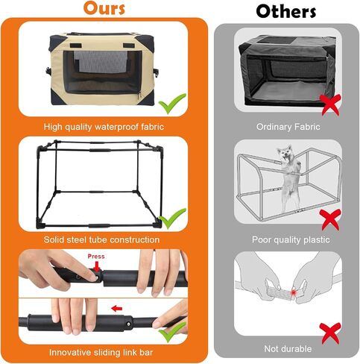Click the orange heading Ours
click(104, 8)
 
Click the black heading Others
click(286, 11)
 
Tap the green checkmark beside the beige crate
click(172, 104)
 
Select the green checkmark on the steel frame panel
click(172, 219)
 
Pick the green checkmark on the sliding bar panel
click(172, 332)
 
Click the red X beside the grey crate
click(330, 105)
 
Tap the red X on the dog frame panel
click(330, 219)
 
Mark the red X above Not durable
click(330, 333)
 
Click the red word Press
click(96, 257)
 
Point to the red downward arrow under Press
click(97, 267)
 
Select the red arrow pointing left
click(117, 309)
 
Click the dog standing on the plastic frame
click(288, 177)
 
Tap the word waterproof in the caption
click(117, 127)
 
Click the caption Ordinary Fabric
click(288, 127)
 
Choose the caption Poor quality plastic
click(291, 239)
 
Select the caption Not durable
click(288, 349)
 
